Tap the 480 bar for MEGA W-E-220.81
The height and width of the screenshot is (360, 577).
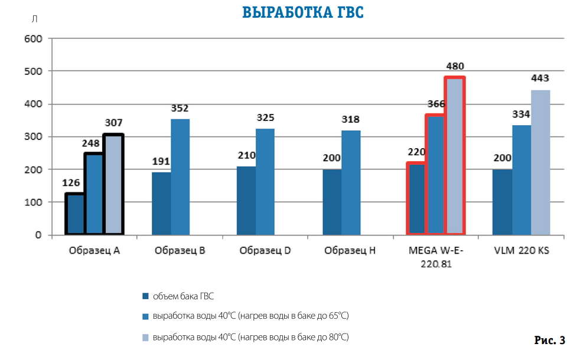click(x=455, y=156)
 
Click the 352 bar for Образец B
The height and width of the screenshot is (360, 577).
click(x=180, y=177)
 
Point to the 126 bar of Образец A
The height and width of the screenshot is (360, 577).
click(x=75, y=214)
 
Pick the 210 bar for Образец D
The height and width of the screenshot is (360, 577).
click(x=246, y=201)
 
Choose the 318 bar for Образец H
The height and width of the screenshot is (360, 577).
click(x=351, y=183)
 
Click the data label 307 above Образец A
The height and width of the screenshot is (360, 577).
click(x=113, y=123)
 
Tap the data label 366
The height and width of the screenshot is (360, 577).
click(x=435, y=104)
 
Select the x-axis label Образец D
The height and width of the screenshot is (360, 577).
click(x=265, y=250)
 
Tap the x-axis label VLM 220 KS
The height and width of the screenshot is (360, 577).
click(x=521, y=250)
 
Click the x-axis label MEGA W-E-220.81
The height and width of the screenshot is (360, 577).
click(x=436, y=257)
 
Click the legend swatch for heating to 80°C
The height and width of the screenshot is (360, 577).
click(x=145, y=337)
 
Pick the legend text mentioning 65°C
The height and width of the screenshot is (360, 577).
click(x=250, y=316)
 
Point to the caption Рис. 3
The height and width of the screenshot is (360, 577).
click(x=549, y=340)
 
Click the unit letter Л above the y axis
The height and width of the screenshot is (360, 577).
click(x=34, y=19)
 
